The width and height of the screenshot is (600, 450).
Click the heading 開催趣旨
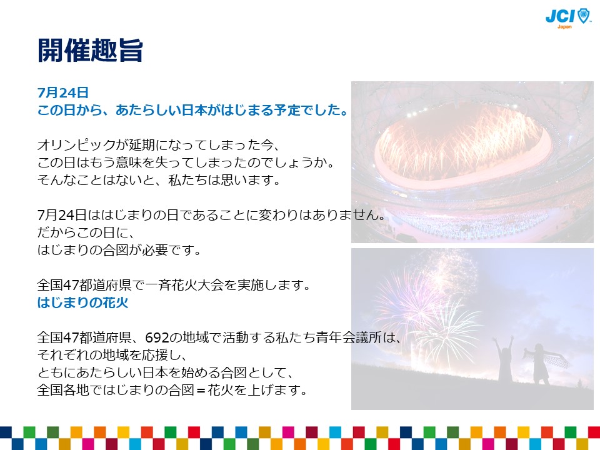[x=90, y=50]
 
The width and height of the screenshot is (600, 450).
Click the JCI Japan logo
[x=568, y=18]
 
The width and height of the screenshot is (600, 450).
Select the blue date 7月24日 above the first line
[x=63, y=92]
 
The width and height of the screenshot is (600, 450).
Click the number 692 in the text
[x=157, y=337]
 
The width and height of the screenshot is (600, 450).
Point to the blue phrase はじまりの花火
[x=82, y=302]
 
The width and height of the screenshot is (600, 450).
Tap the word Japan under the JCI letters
[x=564, y=27]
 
